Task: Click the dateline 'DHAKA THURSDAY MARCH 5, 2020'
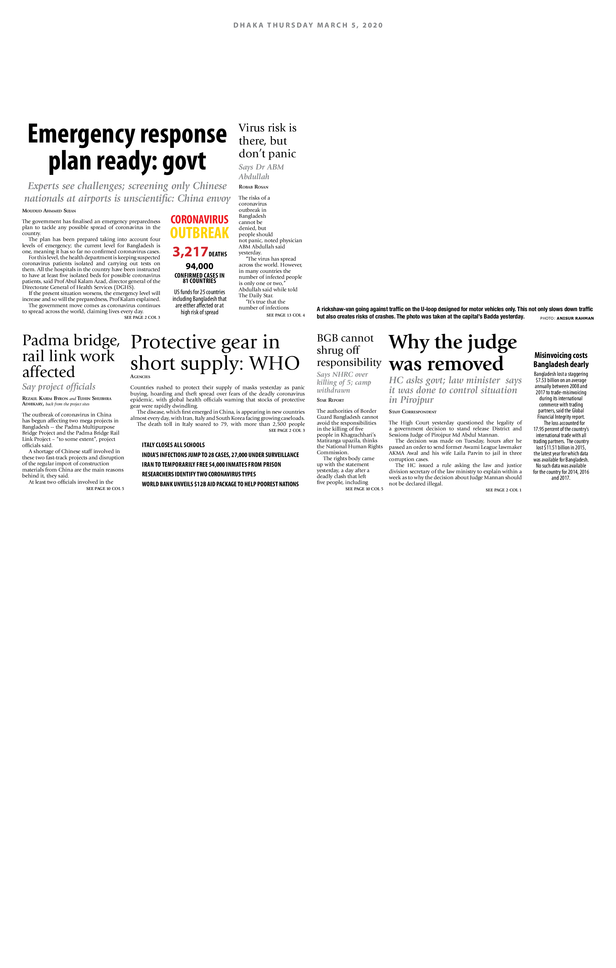(308, 25)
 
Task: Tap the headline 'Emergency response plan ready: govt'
(127, 148)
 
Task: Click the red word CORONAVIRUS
(200, 219)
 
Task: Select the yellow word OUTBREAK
(200, 233)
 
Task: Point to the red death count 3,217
(190, 252)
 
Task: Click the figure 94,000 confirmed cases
(200, 266)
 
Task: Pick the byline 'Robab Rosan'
(253, 187)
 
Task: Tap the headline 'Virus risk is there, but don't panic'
(267, 141)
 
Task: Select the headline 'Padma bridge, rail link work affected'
(71, 356)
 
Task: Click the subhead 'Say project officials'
(59, 387)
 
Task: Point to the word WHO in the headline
(275, 363)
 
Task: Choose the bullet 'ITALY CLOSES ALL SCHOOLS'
(173, 445)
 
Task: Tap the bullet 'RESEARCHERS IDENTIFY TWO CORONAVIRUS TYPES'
(199, 474)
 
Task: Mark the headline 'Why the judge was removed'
(452, 353)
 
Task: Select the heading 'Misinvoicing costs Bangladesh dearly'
(561, 360)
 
